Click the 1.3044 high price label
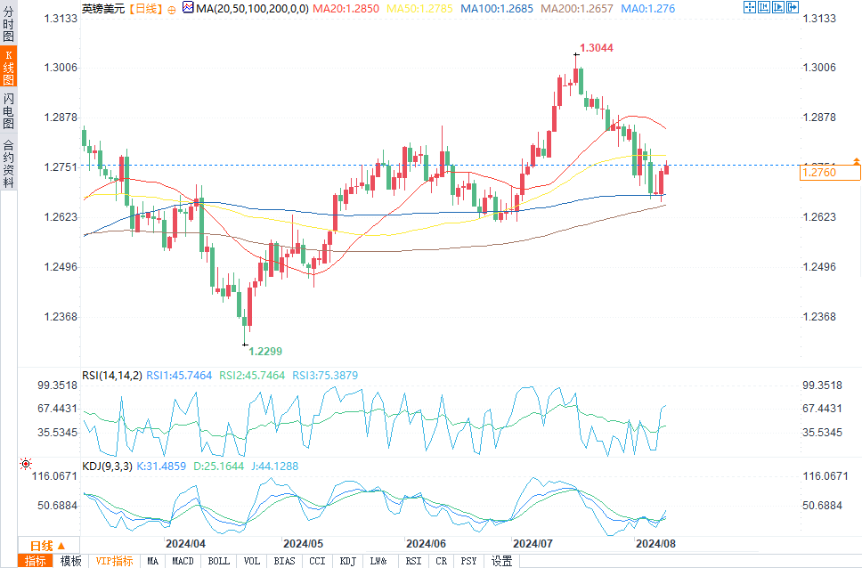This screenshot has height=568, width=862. (597, 48)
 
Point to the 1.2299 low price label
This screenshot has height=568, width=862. (264, 352)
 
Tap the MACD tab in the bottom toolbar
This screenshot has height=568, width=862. (183, 561)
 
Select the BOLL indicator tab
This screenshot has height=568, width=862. (218, 561)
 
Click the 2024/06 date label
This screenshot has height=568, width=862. (425, 542)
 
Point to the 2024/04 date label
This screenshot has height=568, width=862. (186, 542)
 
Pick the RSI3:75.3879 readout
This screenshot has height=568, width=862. (326, 376)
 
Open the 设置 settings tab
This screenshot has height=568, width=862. (502, 561)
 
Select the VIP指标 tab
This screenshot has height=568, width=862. (115, 561)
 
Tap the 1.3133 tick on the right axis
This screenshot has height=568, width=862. (819, 19)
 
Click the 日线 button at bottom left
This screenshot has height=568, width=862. (42, 546)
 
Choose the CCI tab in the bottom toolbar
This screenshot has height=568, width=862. (317, 561)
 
